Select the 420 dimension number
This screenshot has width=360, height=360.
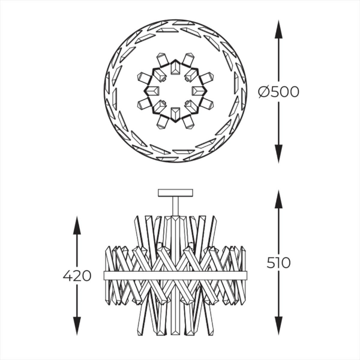77,276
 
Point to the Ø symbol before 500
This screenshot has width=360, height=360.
263,92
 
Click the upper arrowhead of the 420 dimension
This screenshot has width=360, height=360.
77,224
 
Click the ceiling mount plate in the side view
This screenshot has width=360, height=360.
176,193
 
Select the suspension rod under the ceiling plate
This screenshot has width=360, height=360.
176,206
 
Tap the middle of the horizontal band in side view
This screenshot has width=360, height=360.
176,275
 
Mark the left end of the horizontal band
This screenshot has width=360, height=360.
106,275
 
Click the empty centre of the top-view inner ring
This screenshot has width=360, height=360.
173,91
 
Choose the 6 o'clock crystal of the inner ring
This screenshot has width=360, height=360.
174,116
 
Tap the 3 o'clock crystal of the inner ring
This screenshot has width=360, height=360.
199,91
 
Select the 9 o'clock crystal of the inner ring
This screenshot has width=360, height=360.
148,91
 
